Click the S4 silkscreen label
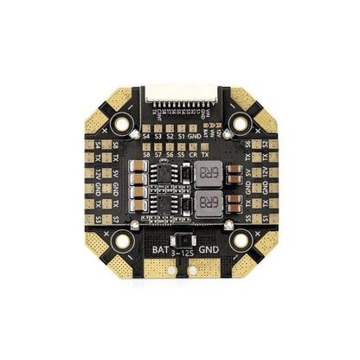pyautogui.click(x=147, y=136)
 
